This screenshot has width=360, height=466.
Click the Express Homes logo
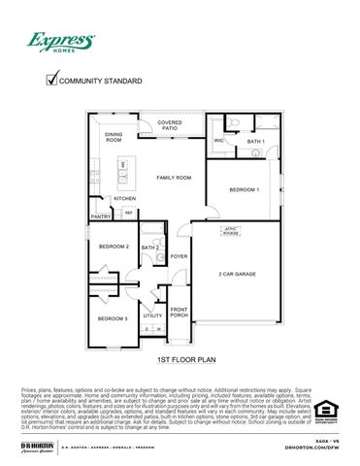pos(60,42)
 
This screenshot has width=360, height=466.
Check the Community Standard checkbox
pos(52,82)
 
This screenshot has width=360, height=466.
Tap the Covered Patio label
pos(170,125)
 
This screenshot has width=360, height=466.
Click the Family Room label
pos(174,178)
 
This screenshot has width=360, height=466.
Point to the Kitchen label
pos(124,198)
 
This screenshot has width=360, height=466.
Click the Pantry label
pos(101,216)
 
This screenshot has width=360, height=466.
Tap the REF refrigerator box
pos(127,214)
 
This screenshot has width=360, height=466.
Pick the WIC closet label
pos(219,141)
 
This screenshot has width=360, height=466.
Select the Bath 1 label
pos(255,142)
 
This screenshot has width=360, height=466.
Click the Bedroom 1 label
pos(245,189)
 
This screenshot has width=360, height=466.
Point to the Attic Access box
pos(231,232)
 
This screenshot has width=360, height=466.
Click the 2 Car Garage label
pos(237,274)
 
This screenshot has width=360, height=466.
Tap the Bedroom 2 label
pos(114,247)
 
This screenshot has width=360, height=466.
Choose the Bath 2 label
pos(150,248)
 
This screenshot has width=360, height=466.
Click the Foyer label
pos(180,256)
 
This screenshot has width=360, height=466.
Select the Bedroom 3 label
pos(113,318)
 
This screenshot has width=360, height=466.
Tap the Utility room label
pos(153,316)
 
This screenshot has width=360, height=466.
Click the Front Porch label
pos(180,312)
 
